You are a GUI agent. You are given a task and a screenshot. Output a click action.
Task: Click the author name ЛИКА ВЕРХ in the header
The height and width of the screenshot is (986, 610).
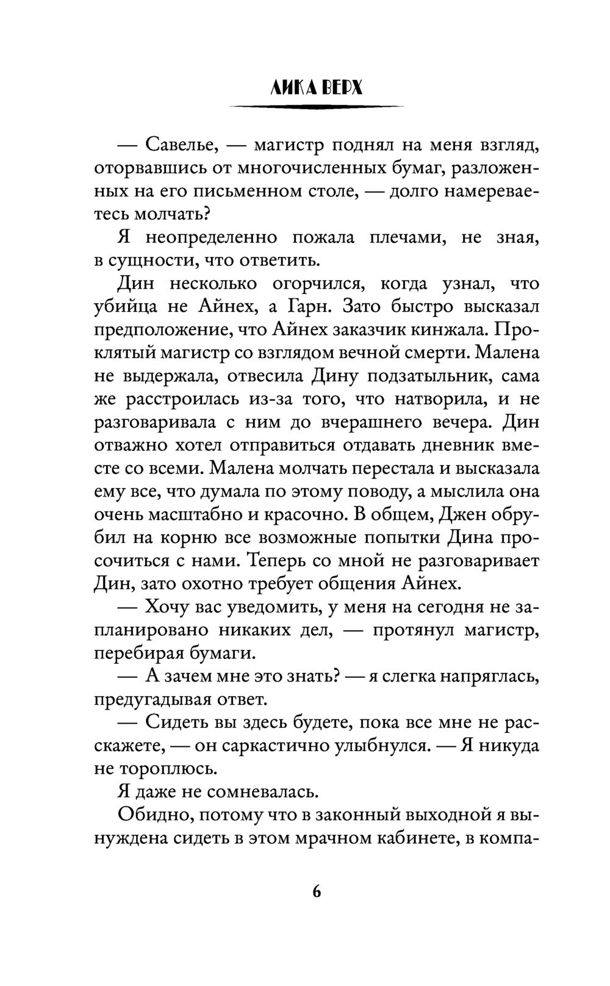coord(316,89)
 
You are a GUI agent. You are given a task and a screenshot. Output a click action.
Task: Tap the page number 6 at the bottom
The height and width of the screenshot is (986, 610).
coord(316,891)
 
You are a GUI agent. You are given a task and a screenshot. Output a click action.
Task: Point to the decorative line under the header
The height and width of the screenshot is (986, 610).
coord(316,107)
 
